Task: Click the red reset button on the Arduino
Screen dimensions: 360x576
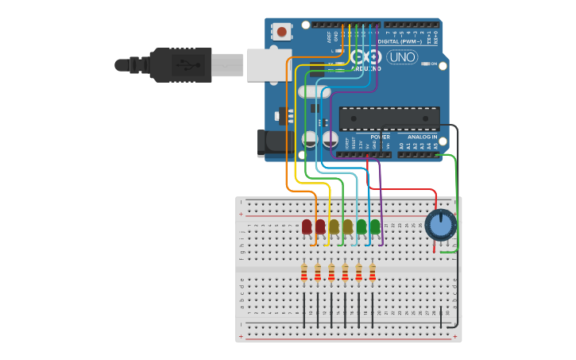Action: (x=280, y=32)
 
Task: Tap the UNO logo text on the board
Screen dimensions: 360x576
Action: (x=401, y=57)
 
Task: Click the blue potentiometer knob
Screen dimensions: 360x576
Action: (x=440, y=224)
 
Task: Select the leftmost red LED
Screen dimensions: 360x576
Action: (x=307, y=226)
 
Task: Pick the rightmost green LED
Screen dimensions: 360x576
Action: (x=375, y=226)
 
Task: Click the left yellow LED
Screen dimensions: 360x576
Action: (x=334, y=226)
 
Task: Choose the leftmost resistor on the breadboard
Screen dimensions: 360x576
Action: (x=304, y=273)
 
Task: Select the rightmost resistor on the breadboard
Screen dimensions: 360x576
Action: (x=372, y=273)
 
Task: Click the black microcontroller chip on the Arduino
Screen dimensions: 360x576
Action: (x=389, y=118)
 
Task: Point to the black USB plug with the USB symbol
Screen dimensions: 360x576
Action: (x=180, y=64)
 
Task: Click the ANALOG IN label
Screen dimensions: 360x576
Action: (x=423, y=137)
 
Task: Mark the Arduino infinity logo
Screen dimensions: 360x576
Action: (x=365, y=57)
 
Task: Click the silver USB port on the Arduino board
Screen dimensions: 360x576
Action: (x=269, y=64)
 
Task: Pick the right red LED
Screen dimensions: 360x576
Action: (x=320, y=226)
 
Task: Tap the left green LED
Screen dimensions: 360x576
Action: (x=361, y=226)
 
